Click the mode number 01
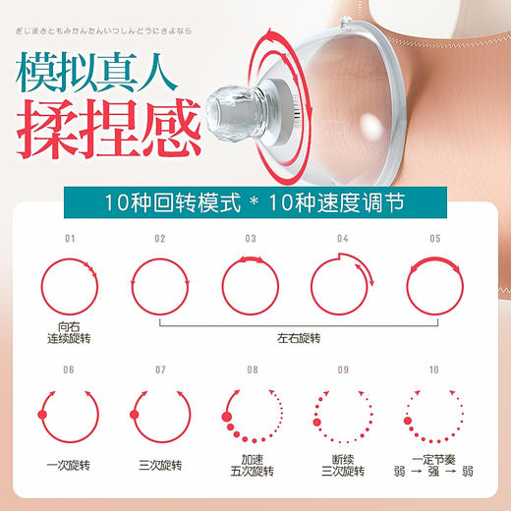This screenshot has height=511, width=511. pos(69,239)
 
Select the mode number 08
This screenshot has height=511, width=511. pos(252,369)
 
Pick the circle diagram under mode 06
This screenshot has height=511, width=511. pos(69,417)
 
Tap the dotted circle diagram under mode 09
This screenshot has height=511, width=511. pos(341,417)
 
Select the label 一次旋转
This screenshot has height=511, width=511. pos(69,465)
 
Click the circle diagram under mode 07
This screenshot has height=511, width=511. pos(160,417)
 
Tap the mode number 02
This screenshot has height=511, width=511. pos(160,239)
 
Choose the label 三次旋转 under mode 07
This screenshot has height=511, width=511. pos(160,465)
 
